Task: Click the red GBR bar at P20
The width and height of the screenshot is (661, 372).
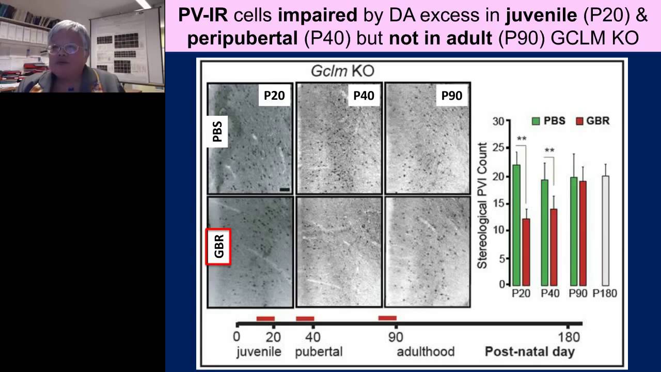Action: pyautogui.click(x=526, y=252)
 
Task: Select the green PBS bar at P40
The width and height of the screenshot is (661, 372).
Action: pyautogui.click(x=545, y=233)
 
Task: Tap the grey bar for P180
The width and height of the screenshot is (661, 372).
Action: pyautogui.click(x=606, y=230)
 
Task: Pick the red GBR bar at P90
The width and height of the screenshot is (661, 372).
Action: pyautogui.click(x=583, y=233)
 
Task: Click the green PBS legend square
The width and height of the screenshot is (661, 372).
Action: pyautogui.click(x=536, y=121)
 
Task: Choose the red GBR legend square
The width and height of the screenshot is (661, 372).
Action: pyautogui.click(x=580, y=121)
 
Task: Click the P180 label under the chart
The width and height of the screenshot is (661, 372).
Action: pyautogui.click(x=605, y=293)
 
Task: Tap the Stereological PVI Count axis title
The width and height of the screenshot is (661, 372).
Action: pyautogui.click(x=482, y=206)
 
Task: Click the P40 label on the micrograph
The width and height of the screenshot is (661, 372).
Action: pyautogui.click(x=364, y=96)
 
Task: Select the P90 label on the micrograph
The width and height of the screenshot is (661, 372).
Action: pyautogui.click(x=452, y=96)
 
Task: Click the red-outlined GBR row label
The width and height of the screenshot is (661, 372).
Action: pyautogui.click(x=218, y=247)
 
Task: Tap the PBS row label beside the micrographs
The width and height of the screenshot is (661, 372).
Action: pyautogui.click(x=218, y=132)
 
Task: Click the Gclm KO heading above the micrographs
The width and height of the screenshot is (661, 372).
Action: pyautogui.click(x=342, y=71)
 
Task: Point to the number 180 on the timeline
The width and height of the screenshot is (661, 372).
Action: pyautogui.click(x=569, y=337)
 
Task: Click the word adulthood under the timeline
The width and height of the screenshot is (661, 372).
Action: pyautogui.click(x=426, y=352)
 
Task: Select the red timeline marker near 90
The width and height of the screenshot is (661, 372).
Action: pyautogui.click(x=387, y=318)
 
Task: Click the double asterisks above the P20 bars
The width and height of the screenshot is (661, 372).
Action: pyautogui.click(x=522, y=138)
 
